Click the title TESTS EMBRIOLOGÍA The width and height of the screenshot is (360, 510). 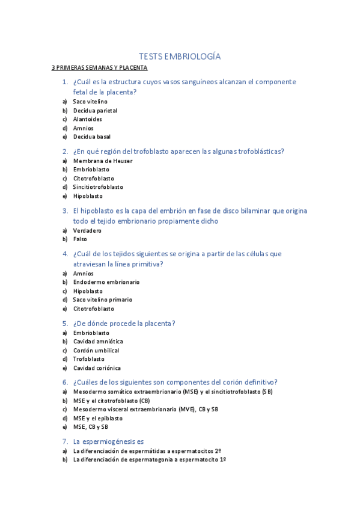click(180, 57)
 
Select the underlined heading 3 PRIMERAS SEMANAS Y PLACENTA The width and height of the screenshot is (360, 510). click(99, 68)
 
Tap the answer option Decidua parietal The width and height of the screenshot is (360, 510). click(95, 111)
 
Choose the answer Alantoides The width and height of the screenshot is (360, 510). click(88, 119)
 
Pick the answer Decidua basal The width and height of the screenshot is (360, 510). click(92, 137)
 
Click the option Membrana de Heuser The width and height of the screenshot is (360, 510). click(103, 161)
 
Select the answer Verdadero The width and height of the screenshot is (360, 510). click(87, 230)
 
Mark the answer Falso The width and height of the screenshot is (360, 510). click(80, 239)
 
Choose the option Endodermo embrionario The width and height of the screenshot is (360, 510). click(106, 282)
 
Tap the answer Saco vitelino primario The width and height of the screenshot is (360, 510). click(103, 300)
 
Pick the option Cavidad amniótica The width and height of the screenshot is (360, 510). click(98, 342)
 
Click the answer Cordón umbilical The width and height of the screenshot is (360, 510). click(96, 350)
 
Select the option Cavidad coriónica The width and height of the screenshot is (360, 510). click(97, 368)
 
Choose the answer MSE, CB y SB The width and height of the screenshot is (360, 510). click(91, 427)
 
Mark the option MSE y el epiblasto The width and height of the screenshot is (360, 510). click(98, 418)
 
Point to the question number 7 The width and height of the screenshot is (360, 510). click(65, 441)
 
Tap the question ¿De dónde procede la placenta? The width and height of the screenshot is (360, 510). click(124, 323)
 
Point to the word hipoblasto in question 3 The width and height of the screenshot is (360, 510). click(97, 211)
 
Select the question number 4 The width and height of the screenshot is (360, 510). click(65, 254)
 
